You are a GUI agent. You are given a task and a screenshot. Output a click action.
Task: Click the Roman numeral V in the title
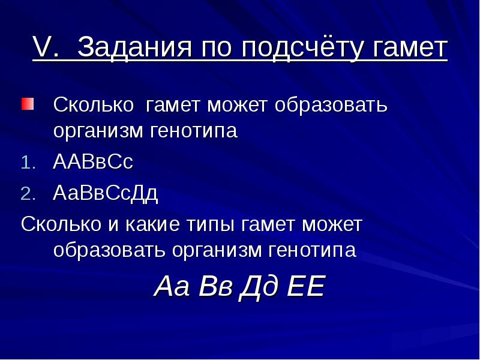tap(42, 48)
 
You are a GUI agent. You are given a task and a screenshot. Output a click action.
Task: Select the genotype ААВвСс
tap(93, 162)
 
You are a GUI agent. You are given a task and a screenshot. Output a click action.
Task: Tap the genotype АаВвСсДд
tap(106, 193)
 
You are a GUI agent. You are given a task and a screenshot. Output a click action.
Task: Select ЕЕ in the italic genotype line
tap(306, 287)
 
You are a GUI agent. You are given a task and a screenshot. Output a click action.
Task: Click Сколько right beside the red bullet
tap(93, 105)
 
